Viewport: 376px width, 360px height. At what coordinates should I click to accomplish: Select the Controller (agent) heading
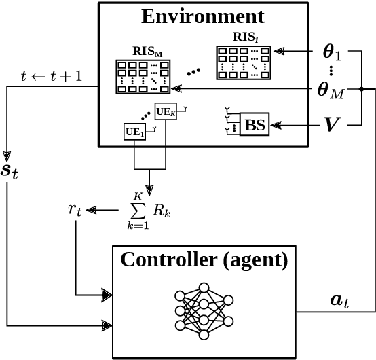(204, 259)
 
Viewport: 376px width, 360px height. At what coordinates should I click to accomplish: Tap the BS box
(255, 124)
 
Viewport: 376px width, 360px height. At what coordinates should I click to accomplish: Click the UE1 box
(134, 131)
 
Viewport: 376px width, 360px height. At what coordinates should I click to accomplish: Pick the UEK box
(165, 112)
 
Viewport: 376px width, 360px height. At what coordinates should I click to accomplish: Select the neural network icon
(204, 309)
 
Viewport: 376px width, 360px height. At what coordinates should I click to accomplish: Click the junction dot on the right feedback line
(362, 88)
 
